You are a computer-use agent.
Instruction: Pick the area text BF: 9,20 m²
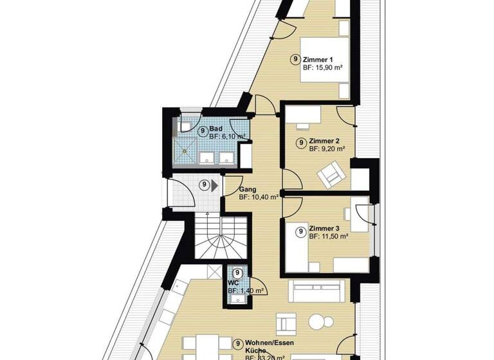pyautogui.click(x=327, y=148)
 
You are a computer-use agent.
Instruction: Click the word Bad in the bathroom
pyautogui.click(x=216, y=129)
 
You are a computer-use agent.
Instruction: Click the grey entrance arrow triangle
pyautogui.click(x=215, y=186)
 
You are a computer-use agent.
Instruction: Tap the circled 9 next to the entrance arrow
pyautogui.click(x=204, y=186)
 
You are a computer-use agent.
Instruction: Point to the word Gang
pyautogui.click(x=247, y=190)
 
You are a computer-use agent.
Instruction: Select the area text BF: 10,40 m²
pyautogui.click(x=259, y=198)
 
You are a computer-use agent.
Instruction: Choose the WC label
pyautogui.click(x=233, y=283)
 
